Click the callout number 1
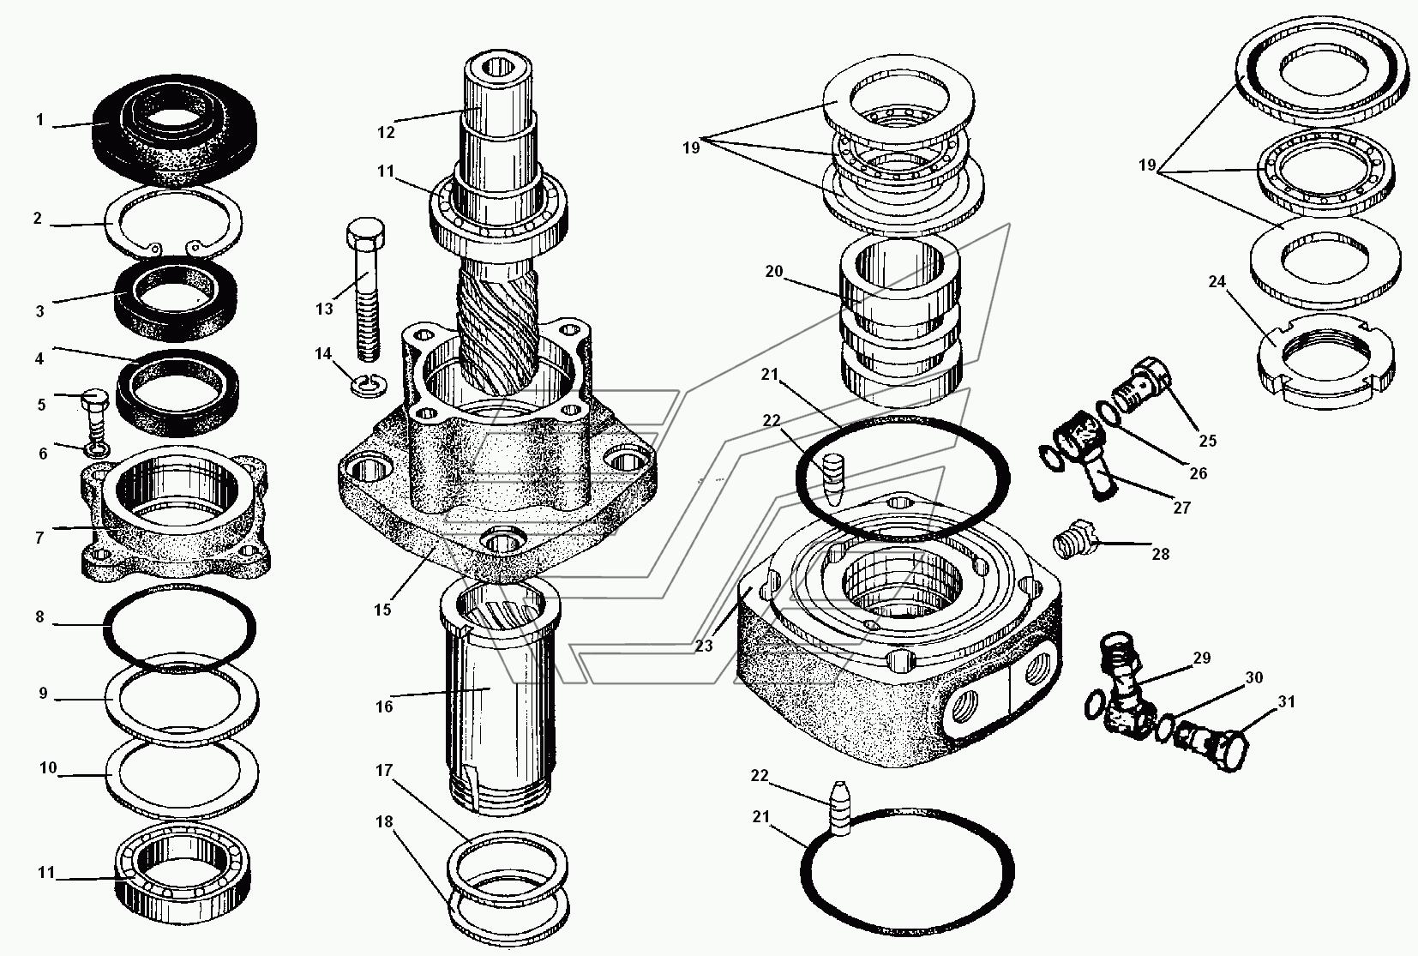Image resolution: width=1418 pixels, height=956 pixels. [39, 120]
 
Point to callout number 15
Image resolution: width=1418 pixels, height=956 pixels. [382, 610]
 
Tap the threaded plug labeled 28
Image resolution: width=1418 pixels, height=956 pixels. [1071, 540]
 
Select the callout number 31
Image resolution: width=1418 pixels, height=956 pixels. [1287, 701]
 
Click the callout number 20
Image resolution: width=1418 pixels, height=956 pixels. [774, 272]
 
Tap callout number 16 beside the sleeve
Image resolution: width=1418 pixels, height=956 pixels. [384, 706]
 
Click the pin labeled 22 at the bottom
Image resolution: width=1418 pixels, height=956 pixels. [841, 808]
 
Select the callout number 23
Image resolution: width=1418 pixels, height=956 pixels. [704, 646]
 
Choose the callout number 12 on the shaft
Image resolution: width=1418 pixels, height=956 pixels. [386, 132]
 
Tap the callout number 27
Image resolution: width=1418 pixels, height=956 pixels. [1181, 508]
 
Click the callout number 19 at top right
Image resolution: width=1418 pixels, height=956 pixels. [1147, 165]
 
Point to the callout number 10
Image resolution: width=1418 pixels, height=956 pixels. [48, 768]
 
